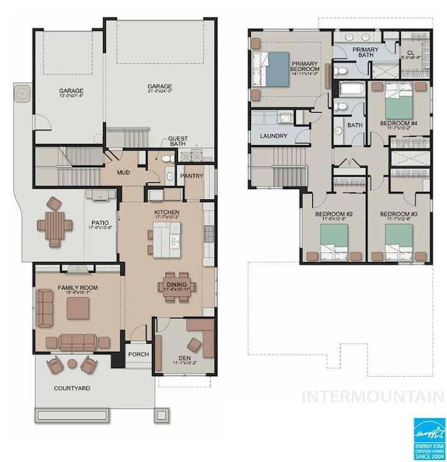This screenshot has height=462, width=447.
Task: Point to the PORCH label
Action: click(x=138, y=355)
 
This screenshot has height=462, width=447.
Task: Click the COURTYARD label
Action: click(x=72, y=388)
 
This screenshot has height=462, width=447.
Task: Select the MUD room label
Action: click(x=123, y=173)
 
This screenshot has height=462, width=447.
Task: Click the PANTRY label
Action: click(x=191, y=175)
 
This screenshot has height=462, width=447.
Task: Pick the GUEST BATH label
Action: click(x=177, y=142)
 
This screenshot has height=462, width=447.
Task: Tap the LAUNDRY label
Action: click(x=274, y=135)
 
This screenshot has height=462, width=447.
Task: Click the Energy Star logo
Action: click(x=428, y=437)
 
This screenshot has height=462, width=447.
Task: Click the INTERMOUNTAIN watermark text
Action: click(x=373, y=397)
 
